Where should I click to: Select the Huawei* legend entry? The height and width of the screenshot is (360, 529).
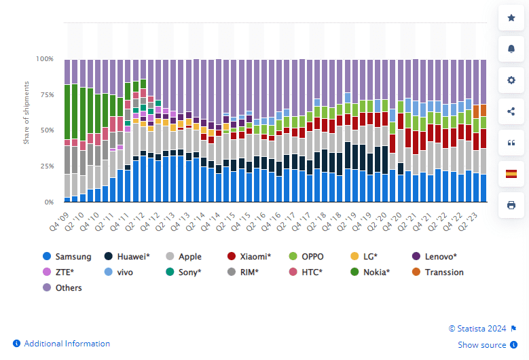[133, 257]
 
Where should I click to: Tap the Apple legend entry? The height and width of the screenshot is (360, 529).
[189, 257]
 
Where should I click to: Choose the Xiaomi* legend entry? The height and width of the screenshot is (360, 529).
[254, 257]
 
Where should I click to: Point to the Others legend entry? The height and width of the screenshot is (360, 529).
[69, 288]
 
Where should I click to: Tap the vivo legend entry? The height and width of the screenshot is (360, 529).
[188, 272]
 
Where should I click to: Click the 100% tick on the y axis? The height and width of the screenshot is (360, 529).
[45, 59]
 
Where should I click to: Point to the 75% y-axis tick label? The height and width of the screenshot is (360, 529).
[46, 95]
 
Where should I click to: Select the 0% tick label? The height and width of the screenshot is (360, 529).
[48, 202]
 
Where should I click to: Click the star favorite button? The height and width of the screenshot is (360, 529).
[511, 18]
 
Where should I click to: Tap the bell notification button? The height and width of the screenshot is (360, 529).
[511, 49]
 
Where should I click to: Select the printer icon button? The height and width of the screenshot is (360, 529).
[511, 204]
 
